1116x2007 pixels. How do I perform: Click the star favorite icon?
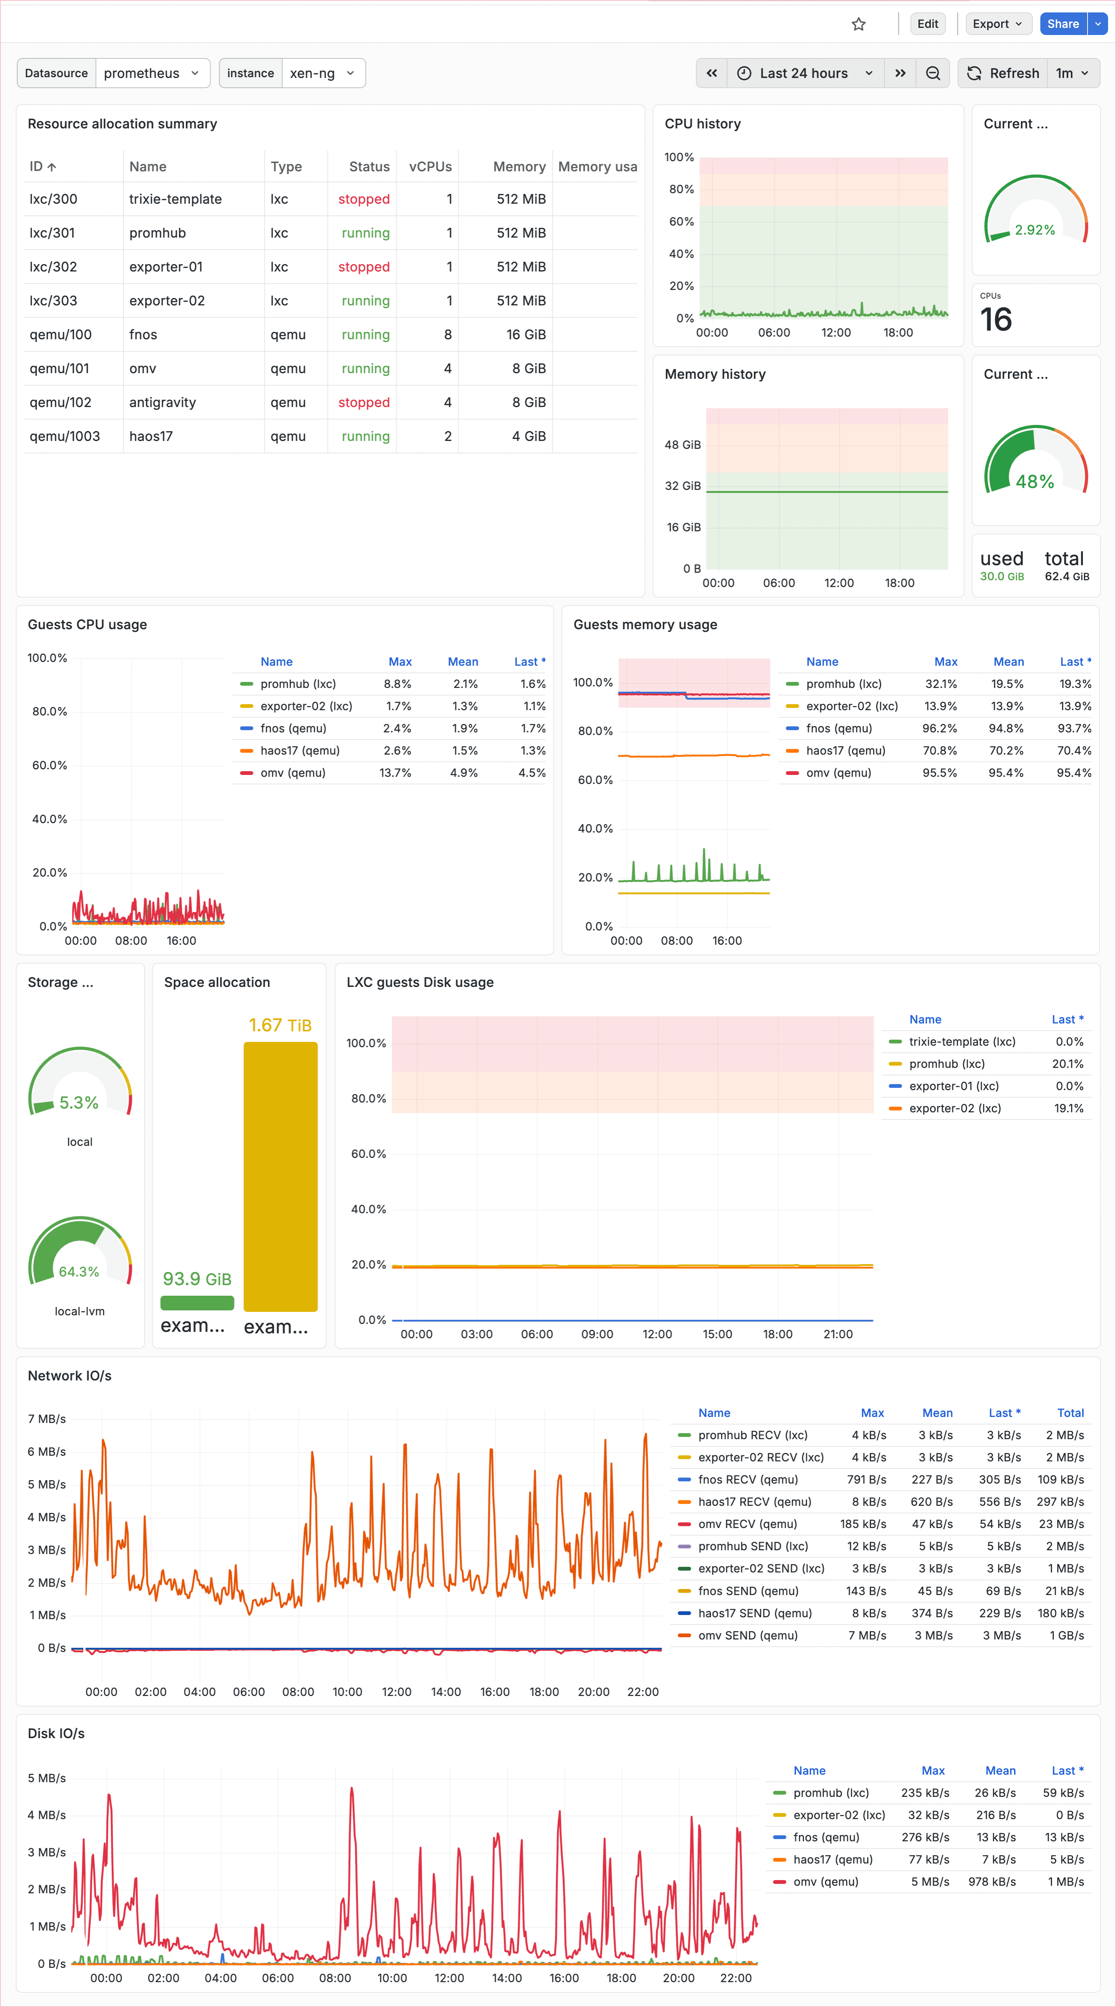pos(858,24)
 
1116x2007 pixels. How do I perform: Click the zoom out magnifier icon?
pos(932,73)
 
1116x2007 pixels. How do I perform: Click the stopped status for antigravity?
pos(364,402)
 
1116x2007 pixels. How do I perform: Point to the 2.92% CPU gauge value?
pos(1034,230)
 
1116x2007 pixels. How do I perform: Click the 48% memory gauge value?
pos(1034,482)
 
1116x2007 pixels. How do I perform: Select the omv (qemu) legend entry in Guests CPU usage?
pos(293,773)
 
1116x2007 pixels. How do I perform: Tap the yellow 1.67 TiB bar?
pos(281,1176)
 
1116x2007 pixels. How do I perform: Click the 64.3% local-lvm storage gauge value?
pos(79,1272)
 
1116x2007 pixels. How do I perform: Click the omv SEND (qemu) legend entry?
pos(747,1635)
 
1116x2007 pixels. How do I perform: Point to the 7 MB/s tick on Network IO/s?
pos(47,1419)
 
